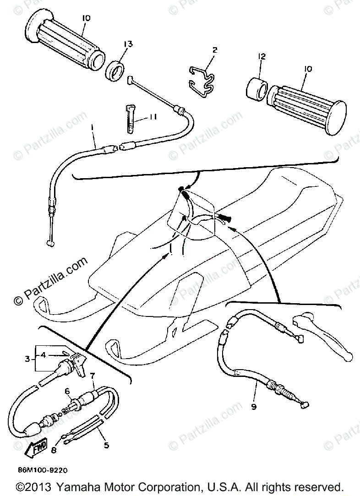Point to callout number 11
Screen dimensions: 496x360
point(153,118)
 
